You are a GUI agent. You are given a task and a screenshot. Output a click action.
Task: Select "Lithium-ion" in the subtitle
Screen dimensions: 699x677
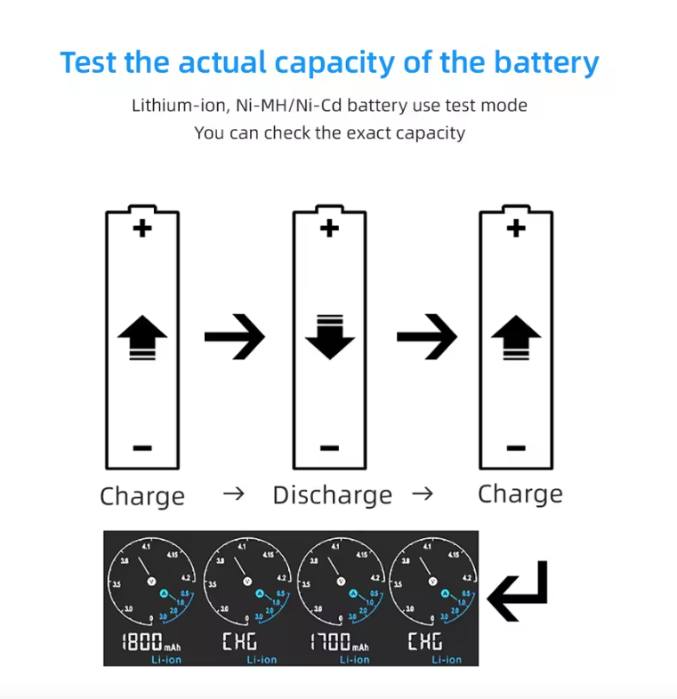pos(179,106)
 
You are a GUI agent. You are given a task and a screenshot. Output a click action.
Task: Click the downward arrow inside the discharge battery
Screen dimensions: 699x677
pos(329,336)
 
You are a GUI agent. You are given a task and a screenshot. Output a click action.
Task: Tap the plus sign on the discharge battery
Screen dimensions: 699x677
pos(329,229)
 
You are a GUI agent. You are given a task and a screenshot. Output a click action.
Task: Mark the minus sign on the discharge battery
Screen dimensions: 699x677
pos(329,447)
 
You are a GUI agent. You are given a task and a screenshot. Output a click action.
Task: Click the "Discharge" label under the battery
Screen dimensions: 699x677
pos(332,495)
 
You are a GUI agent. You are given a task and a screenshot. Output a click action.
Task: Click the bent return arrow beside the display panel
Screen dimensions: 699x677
pos(519,591)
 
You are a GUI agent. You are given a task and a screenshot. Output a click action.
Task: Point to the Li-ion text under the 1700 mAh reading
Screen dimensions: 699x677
pos(354,659)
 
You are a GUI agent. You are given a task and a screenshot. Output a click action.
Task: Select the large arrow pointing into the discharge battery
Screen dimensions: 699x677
pos(234,337)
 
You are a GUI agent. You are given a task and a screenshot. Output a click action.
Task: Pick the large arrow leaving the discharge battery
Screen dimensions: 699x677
pos(426,337)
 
